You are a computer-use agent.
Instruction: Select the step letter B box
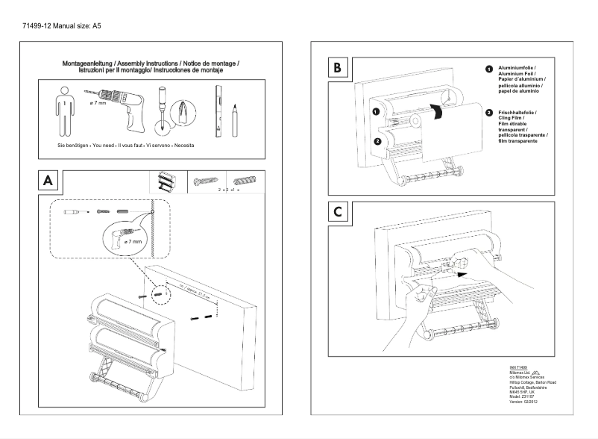(x=337, y=69)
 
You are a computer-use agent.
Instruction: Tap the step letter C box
(x=337, y=212)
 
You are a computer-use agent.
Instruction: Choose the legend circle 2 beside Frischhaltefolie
(x=488, y=113)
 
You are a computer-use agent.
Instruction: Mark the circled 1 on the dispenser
(x=377, y=111)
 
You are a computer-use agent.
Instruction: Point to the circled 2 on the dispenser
(x=378, y=140)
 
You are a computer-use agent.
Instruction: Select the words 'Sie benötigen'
(x=74, y=145)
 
